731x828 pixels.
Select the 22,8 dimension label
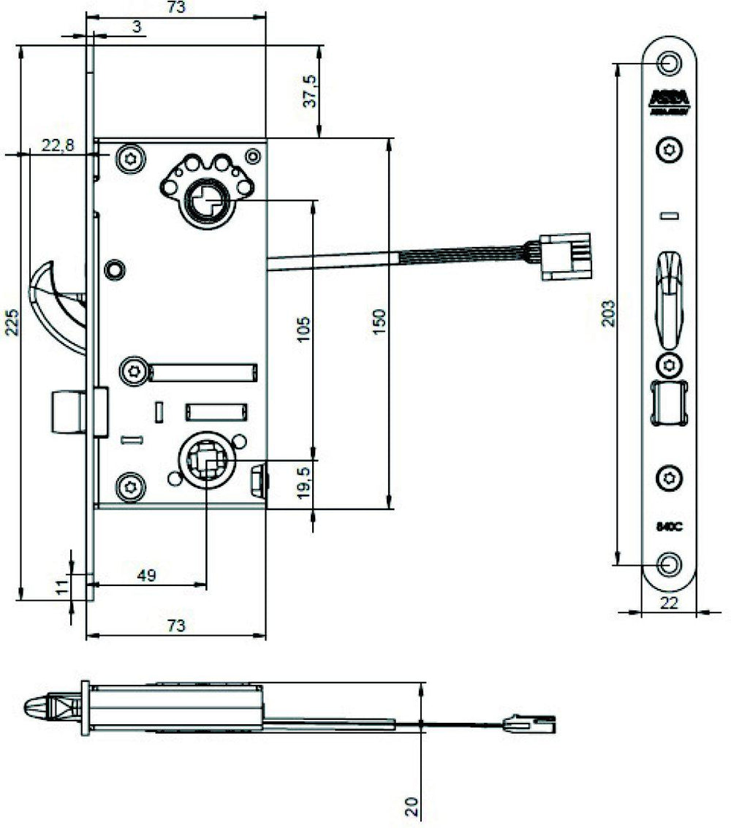click(x=57, y=146)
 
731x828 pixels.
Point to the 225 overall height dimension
click(x=12, y=322)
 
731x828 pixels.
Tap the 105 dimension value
click(x=306, y=330)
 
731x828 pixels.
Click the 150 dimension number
click(x=379, y=322)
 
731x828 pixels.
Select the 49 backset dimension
click(x=147, y=576)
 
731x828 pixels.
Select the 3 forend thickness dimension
click(x=137, y=28)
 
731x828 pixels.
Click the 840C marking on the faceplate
click(x=669, y=525)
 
